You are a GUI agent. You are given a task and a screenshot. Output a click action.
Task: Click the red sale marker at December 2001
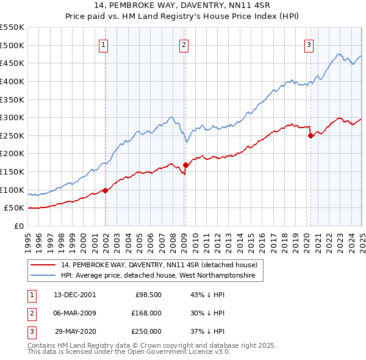pyautogui.click(x=105, y=190)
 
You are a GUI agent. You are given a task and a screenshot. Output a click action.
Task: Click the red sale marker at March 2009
pyautogui.click(x=185, y=165)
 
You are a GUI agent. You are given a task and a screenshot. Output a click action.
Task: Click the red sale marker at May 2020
pyautogui.click(x=310, y=135)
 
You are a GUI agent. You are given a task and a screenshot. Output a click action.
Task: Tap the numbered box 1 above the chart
pyautogui.click(x=104, y=45)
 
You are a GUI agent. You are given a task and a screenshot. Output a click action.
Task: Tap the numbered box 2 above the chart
pyautogui.click(x=184, y=45)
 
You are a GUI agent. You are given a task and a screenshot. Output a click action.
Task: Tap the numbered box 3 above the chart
pyautogui.click(x=309, y=45)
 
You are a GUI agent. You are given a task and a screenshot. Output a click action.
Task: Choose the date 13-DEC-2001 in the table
pyautogui.click(x=74, y=295)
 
